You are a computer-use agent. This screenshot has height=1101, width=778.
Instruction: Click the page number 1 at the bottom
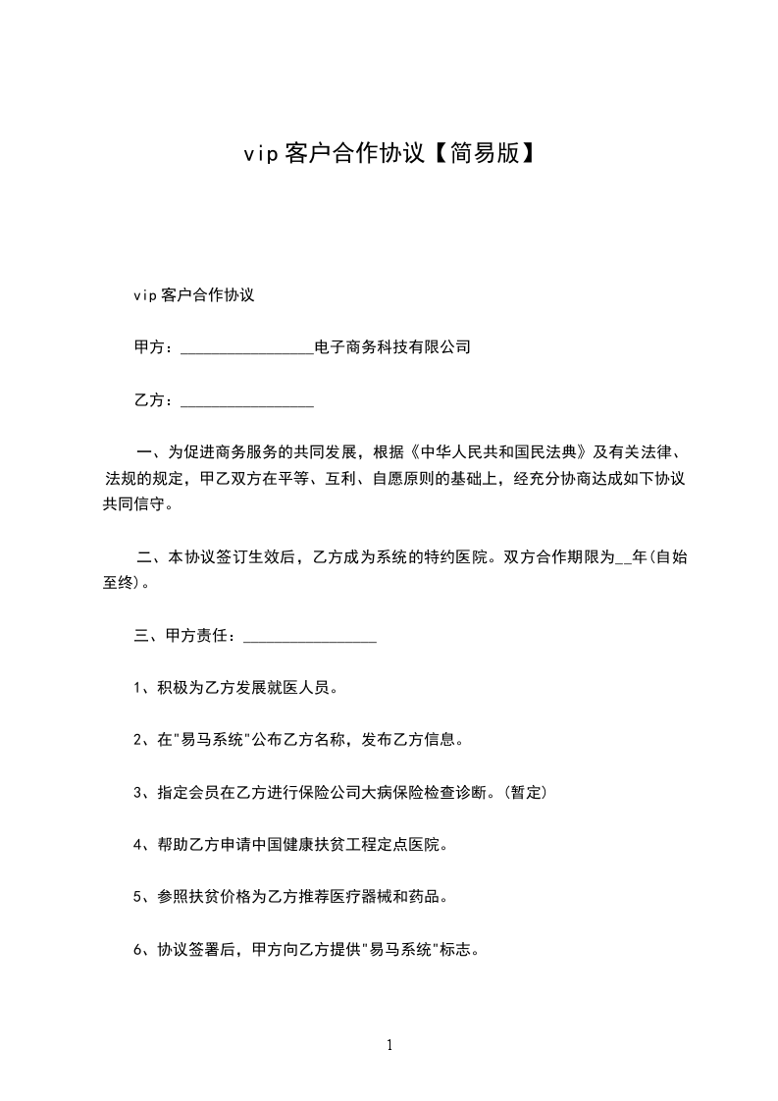(389, 1045)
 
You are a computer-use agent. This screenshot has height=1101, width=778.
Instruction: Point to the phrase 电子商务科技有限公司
(392, 347)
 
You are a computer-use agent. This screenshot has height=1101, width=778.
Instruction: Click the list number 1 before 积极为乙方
(137, 688)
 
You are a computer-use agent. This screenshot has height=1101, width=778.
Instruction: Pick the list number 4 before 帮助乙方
(137, 844)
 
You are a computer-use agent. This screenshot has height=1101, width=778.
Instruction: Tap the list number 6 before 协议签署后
(137, 949)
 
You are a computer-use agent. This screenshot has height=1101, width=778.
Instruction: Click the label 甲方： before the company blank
(155, 347)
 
